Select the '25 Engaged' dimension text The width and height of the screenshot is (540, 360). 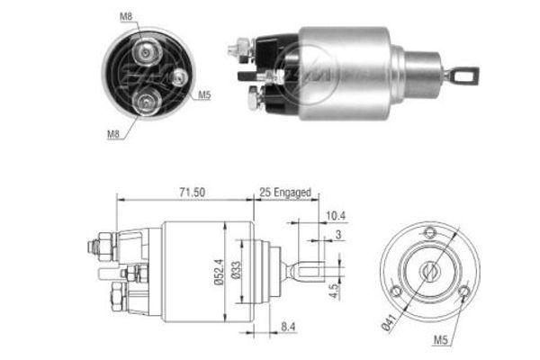coord(285,193)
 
